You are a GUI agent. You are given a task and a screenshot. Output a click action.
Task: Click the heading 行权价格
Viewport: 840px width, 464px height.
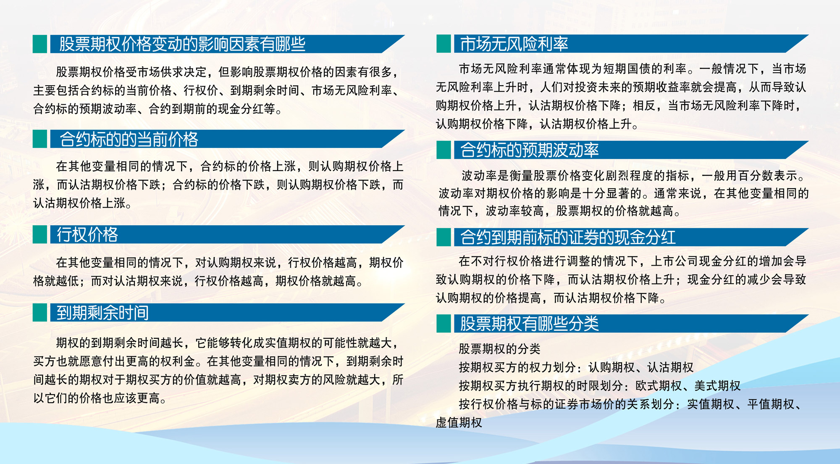87,235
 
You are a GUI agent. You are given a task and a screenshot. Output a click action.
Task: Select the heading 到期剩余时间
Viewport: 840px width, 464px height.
103,313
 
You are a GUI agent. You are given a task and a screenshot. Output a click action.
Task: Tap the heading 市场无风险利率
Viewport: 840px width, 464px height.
514,44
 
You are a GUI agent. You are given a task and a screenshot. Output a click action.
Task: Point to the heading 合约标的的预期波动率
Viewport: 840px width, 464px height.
530,150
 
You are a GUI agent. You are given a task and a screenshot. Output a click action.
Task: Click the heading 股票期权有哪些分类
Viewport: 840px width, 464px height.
530,324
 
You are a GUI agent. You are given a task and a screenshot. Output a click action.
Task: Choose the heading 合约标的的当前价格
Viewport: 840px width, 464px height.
129,139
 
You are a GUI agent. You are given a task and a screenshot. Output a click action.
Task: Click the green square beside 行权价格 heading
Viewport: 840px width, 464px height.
40,235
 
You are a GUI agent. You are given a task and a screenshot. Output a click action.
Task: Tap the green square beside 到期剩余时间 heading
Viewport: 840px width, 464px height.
40,313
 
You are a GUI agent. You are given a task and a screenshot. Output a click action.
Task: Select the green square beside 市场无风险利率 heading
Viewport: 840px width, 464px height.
444,44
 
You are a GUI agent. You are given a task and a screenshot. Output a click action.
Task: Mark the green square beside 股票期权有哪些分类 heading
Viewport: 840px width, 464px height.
444,324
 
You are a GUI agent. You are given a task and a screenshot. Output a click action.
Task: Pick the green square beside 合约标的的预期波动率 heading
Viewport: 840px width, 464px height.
444,150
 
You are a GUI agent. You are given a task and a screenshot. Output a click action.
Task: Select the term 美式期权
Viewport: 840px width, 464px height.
717,385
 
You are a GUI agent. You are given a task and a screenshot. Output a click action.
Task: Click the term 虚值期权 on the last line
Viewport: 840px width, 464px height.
459,422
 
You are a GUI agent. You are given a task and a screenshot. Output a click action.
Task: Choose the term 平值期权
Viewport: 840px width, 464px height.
771,404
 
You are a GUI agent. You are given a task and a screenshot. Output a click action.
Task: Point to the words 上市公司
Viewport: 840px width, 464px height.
674,261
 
